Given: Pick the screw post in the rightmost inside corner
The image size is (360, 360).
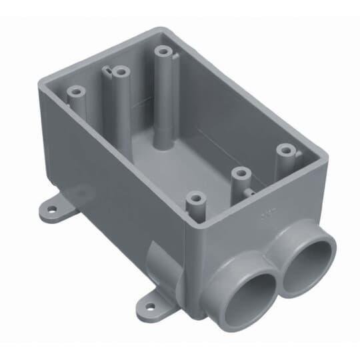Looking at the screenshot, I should (x=286, y=151).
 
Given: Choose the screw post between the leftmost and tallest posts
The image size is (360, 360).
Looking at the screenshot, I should (x=119, y=69).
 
